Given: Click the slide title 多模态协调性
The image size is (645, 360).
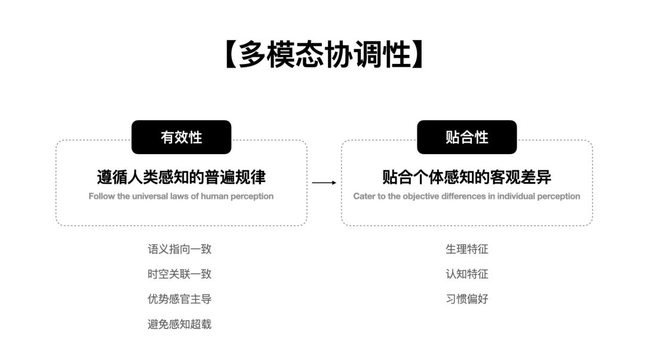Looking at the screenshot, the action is pos(325,54).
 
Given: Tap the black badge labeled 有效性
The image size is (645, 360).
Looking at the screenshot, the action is pos(182,137).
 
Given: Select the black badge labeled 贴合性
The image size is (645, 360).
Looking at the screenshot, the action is pos(467,137).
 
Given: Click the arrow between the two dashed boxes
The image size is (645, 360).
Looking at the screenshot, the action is pos(324,182).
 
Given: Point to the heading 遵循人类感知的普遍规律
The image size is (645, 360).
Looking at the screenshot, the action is pos(182,177).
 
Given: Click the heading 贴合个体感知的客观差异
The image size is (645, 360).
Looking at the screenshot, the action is pos(467,177).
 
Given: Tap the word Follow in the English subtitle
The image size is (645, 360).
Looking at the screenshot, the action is pos(102,196).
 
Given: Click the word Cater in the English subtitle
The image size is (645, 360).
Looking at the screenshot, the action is pos(364,196).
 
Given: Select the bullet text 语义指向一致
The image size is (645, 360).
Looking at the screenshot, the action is pos(180,249).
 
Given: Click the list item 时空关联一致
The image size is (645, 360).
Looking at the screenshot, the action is pos(180,274).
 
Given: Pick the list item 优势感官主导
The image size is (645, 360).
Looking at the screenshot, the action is pos(180,299).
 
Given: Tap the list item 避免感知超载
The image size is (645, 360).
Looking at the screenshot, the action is pos(180,324).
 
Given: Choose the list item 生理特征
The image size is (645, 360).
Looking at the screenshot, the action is pos(467,249).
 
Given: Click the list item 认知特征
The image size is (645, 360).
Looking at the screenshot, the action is pos(467,274).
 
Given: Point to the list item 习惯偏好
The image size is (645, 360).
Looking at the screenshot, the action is pos(467,299).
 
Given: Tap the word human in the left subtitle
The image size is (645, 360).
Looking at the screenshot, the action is pos(215,196).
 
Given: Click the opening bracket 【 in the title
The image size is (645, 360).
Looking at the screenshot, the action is pos(231,54).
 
